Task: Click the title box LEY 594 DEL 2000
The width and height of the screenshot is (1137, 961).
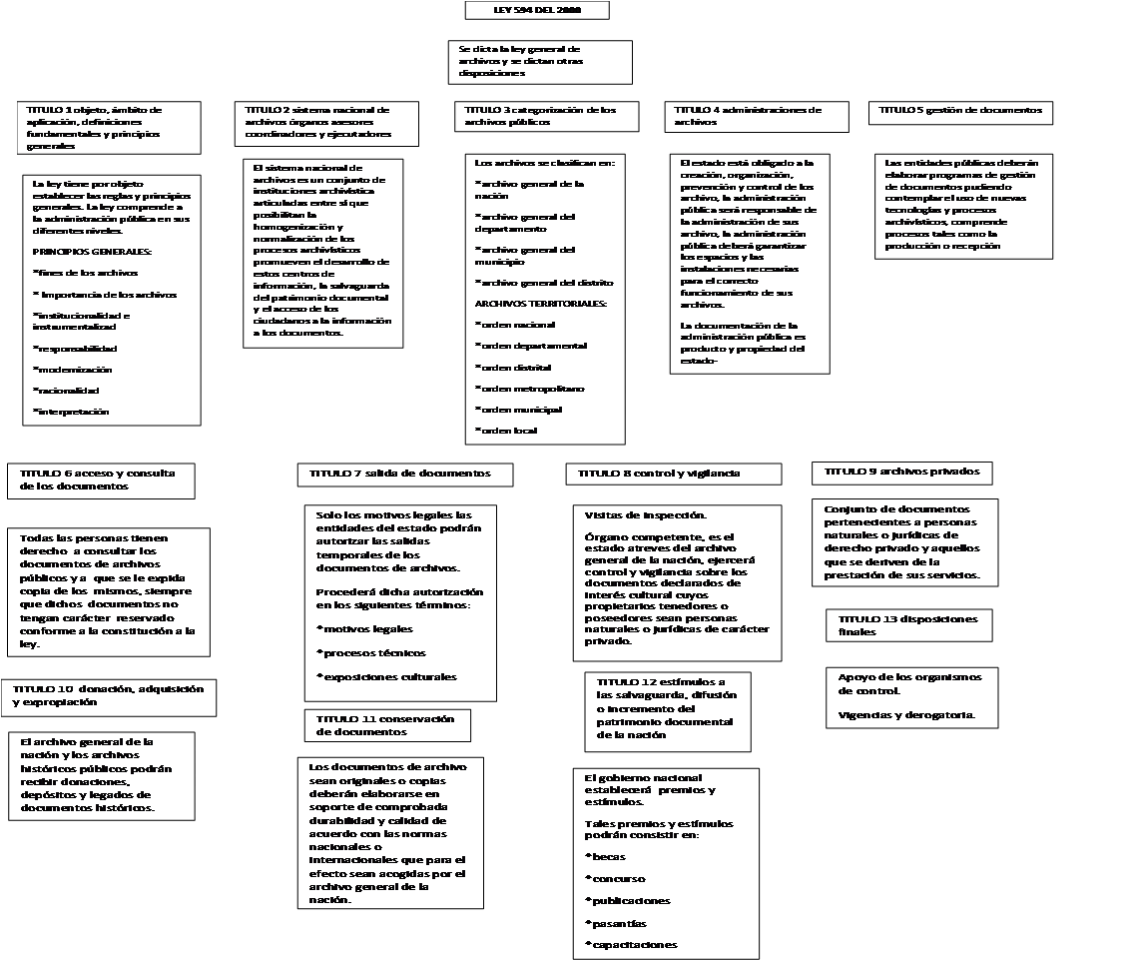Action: tap(536, 10)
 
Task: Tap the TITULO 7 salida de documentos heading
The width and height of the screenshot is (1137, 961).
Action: tap(405, 474)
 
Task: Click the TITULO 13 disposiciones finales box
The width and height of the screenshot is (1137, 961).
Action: tap(908, 625)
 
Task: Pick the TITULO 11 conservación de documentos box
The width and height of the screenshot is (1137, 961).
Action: tap(386, 725)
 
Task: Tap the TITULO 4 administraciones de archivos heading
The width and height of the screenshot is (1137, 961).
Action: tap(756, 116)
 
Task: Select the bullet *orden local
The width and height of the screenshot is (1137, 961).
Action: tap(507, 431)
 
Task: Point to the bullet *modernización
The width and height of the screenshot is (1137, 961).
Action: tap(72, 370)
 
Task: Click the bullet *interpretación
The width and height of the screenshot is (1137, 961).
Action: tap(71, 412)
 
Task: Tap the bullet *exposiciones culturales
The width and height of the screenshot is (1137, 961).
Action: tap(386, 677)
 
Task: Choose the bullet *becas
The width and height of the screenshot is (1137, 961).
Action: tap(605, 857)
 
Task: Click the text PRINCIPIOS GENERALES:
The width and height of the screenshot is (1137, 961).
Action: tap(92, 251)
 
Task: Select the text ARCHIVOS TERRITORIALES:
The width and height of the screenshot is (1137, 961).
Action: tap(540, 304)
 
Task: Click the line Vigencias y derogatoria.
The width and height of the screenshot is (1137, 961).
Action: tap(905, 715)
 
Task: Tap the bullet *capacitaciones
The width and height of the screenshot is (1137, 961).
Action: tap(631, 945)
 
